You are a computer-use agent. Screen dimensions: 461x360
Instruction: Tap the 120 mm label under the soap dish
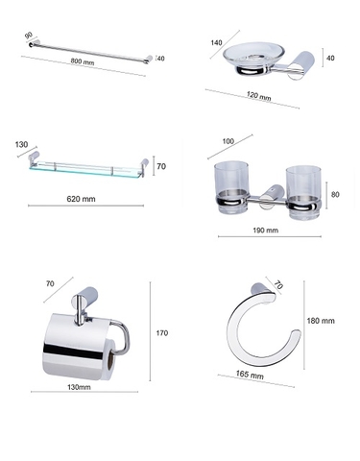[254, 97]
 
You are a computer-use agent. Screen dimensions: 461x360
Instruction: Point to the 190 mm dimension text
[264, 230]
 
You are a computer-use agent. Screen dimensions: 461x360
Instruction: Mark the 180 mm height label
[321, 321]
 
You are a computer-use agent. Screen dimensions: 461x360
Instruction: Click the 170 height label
[161, 333]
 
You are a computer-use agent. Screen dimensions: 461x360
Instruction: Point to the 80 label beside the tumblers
[335, 194]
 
